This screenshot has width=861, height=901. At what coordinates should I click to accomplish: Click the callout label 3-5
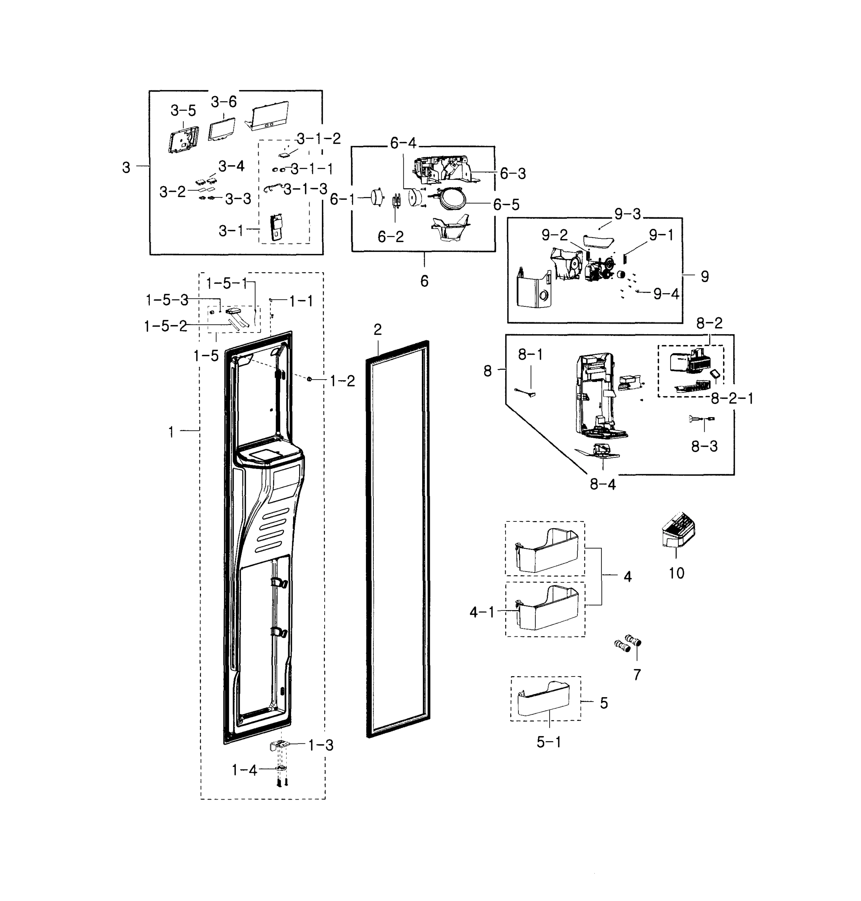[x=183, y=111]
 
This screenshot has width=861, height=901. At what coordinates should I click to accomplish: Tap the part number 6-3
[x=513, y=173]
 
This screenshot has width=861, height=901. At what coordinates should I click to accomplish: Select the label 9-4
[x=666, y=294]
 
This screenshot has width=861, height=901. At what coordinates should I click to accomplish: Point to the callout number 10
[x=677, y=573]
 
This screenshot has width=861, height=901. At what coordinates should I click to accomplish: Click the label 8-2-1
[x=732, y=398]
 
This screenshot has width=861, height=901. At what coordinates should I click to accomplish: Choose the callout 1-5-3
[x=167, y=300]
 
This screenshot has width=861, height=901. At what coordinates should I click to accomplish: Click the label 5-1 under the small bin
[x=549, y=742]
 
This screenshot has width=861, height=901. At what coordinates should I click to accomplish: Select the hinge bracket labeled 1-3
[x=279, y=746]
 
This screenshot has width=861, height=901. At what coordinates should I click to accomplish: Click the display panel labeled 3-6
[x=222, y=129]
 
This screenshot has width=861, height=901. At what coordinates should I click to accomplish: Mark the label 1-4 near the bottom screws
[x=245, y=770]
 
